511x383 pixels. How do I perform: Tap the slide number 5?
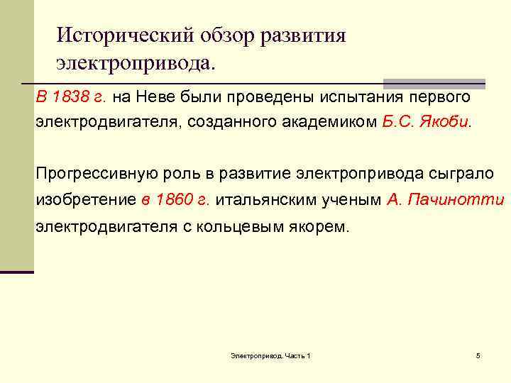[478, 355]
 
